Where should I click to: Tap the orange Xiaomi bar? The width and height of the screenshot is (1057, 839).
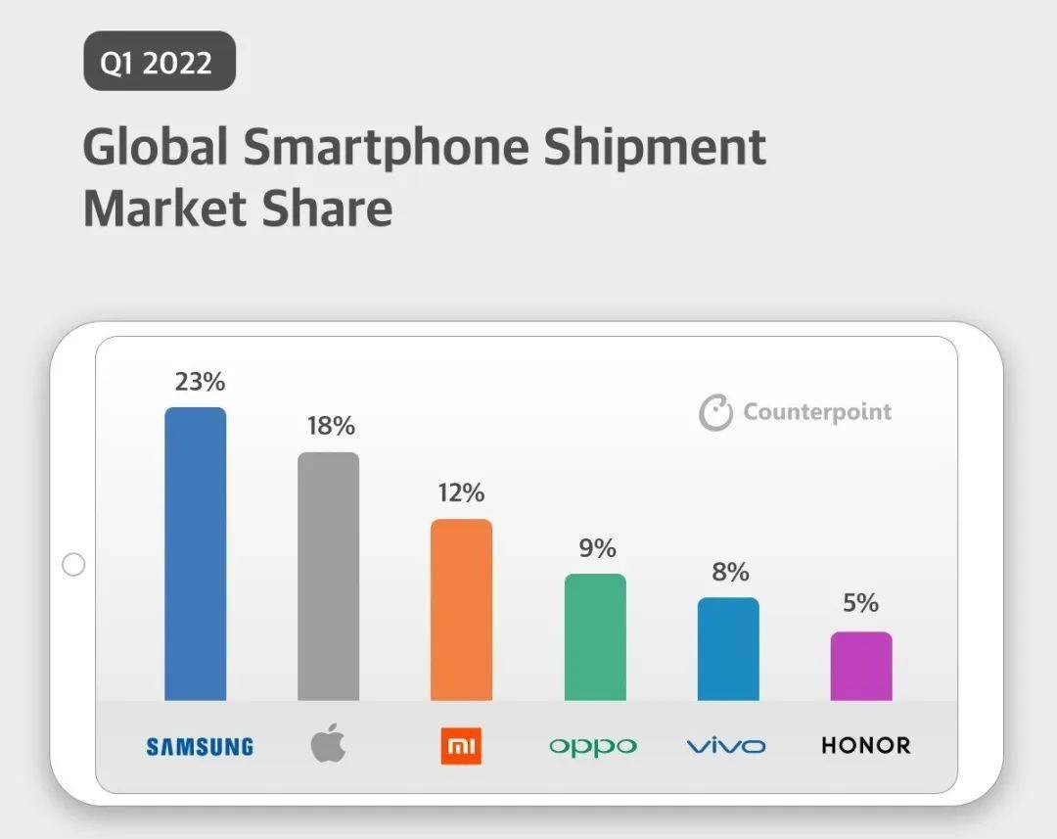point(461,609)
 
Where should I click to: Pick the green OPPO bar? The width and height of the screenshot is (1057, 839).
point(595,636)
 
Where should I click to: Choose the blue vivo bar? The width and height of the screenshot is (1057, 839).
point(728,648)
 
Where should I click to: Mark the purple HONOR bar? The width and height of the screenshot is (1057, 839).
point(861,666)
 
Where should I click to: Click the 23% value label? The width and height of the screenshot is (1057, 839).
point(200,382)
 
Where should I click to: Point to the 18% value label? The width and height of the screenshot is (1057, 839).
point(331,427)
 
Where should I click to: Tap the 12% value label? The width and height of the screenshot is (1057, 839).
point(461,492)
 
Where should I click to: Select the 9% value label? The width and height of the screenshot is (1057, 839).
point(597,548)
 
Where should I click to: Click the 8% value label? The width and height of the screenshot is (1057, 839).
point(730,572)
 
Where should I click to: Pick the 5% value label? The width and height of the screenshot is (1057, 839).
point(861,604)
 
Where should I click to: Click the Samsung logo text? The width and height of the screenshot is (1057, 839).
point(200,747)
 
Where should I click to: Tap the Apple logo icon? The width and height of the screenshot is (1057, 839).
point(328,745)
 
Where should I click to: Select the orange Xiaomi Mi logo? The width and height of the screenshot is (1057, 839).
point(461,747)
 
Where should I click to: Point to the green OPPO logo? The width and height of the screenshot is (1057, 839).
point(593,748)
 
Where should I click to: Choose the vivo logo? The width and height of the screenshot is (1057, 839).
point(726,747)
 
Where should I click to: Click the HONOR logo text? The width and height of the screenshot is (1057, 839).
point(865,746)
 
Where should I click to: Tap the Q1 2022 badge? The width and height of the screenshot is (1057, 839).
point(159,61)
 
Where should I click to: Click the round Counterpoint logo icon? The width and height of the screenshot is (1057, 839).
point(715,412)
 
